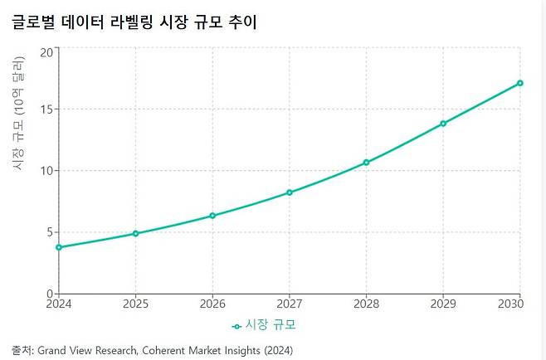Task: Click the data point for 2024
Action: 59,247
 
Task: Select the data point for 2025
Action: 135,234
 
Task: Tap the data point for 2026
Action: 212,216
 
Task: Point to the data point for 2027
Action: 290,192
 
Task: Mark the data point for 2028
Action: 366,163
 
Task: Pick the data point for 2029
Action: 443,124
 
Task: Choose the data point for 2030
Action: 519,83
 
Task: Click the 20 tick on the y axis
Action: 46,52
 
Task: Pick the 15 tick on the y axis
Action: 46,109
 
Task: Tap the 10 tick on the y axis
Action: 46,171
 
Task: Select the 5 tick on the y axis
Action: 49,232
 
